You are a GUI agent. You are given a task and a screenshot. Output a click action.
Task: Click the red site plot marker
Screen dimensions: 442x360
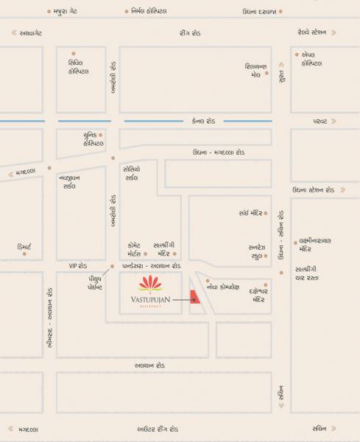(194, 298)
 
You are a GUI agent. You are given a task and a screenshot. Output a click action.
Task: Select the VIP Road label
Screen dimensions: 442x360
(78, 264)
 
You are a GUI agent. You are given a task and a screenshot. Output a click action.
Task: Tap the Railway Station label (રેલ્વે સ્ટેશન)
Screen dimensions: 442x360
(310, 32)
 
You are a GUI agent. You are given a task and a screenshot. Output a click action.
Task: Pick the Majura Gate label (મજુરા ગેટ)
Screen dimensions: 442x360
(69, 11)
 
